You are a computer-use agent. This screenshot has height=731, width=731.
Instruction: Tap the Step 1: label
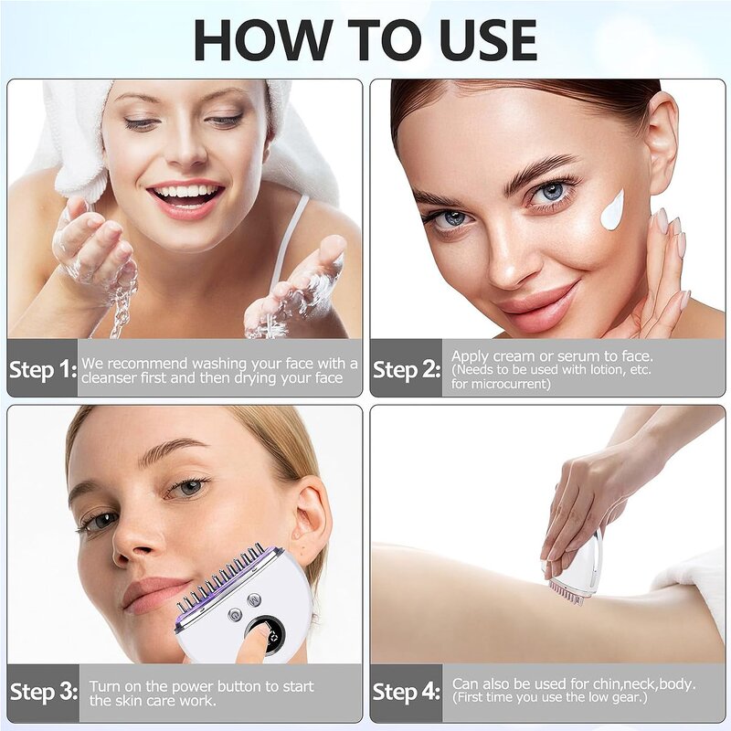click(42, 370)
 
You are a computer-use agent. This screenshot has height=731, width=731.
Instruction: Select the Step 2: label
click(408, 370)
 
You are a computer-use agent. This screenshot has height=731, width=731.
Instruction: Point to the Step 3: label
click(42, 693)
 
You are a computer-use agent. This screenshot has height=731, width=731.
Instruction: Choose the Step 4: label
click(408, 693)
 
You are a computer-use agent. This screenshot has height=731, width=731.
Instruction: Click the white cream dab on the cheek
click(611, 210)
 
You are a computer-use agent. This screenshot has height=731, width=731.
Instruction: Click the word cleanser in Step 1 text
click(115, 378)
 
